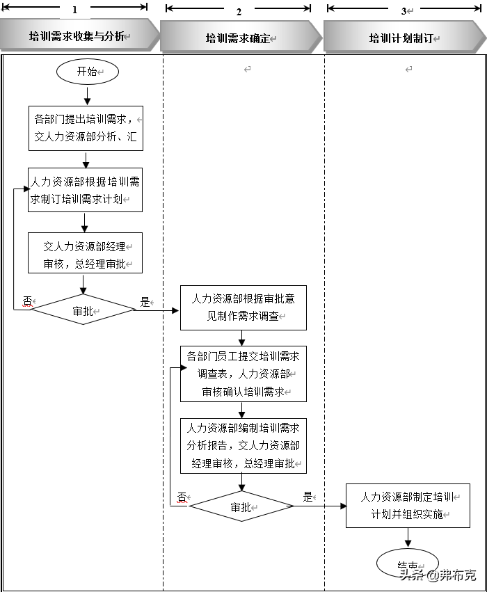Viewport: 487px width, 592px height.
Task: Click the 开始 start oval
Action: [x=88, y=72]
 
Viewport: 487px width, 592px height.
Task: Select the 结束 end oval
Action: [x=408, y=564]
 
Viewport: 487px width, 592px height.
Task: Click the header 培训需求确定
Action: [x=240, y=39]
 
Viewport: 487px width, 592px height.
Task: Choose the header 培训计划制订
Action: [x=401, y=39]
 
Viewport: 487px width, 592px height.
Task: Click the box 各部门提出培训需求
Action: [x=86, y=128]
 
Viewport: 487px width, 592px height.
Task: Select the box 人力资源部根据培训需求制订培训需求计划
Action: [x=86, y=190]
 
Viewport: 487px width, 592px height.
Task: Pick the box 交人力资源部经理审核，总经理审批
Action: [x=84, y=253]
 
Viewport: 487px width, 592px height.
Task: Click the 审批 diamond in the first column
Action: [x=83, y=310]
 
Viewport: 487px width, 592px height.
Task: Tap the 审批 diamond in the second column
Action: [x=241, y=506]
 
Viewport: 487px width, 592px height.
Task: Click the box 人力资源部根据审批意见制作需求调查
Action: [x=243, y=307]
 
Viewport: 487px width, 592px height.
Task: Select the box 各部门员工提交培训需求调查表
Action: [x=243, y=374]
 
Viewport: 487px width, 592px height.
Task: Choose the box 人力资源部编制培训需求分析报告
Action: [x=243, y=445]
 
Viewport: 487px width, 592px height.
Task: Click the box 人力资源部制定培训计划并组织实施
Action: [x=408, y=506]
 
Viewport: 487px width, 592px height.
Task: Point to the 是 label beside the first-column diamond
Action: [x=145, y=302]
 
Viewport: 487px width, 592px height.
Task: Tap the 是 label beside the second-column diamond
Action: [x=308, y=497]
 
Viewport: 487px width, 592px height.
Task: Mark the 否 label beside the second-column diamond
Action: [x=182, y=497]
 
